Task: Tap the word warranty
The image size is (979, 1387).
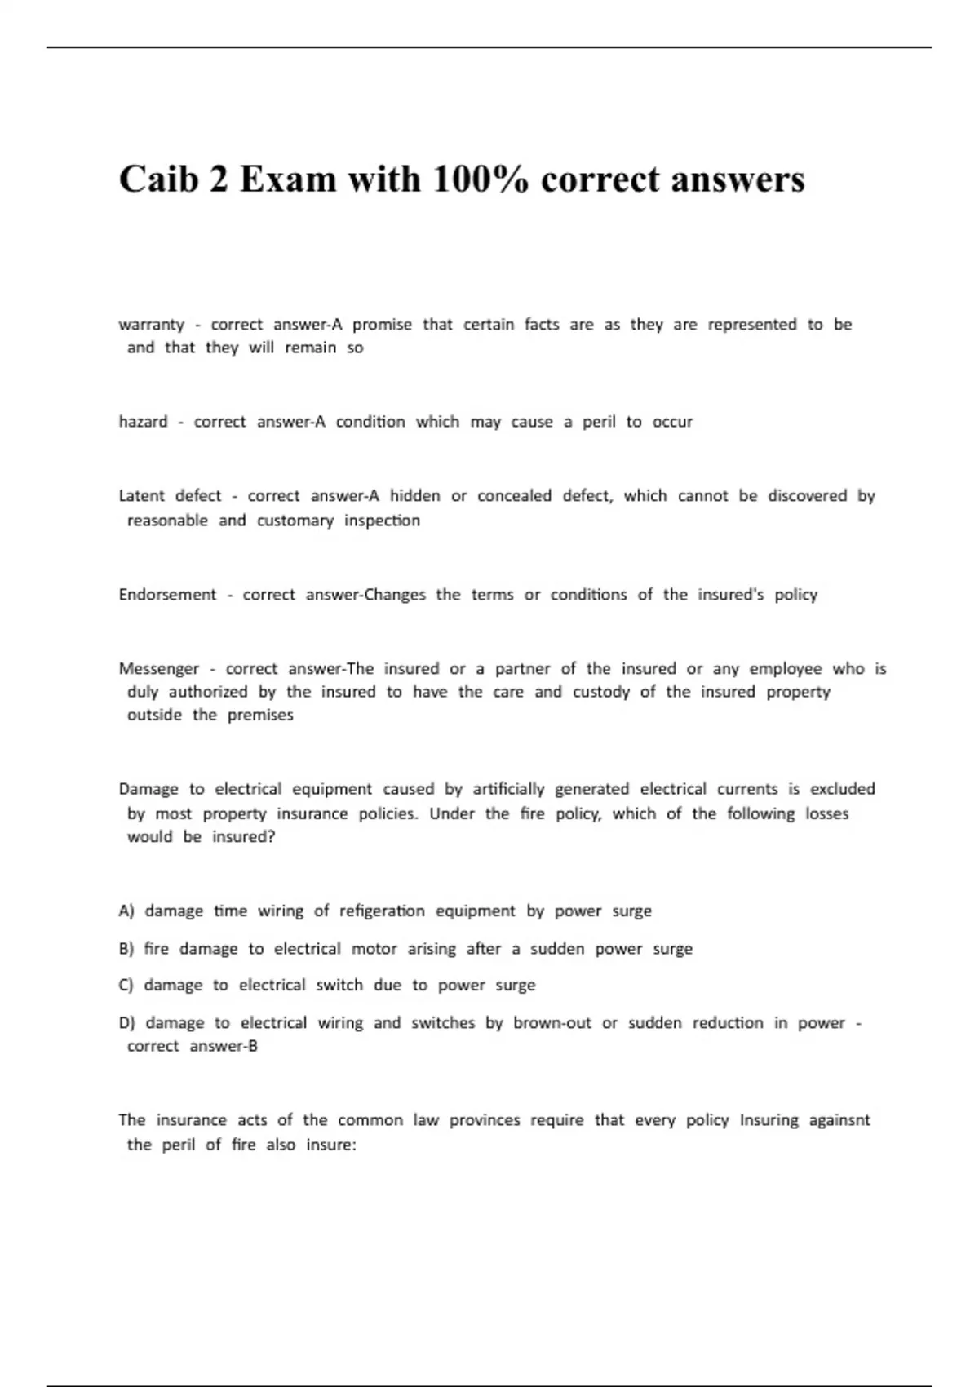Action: (x=152, y=325)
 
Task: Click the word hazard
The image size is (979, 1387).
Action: (x=143, y=422)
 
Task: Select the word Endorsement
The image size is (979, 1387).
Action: (x=167, y=595)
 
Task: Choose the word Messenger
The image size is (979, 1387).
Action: (x=159, y=669)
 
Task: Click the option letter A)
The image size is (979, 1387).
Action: (x=126, y=911)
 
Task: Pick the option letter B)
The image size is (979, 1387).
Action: (x=126, y=949)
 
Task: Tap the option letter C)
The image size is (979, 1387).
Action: (x=126, y=986)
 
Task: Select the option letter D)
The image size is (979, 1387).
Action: (x=126, y=1023)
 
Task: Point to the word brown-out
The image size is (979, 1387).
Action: (x=552, y=1023)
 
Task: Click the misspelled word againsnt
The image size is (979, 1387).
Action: (x=839, y=1120)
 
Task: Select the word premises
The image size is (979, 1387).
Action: (x=260, y=716)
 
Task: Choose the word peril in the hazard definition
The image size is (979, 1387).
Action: (x=599, y=422)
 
